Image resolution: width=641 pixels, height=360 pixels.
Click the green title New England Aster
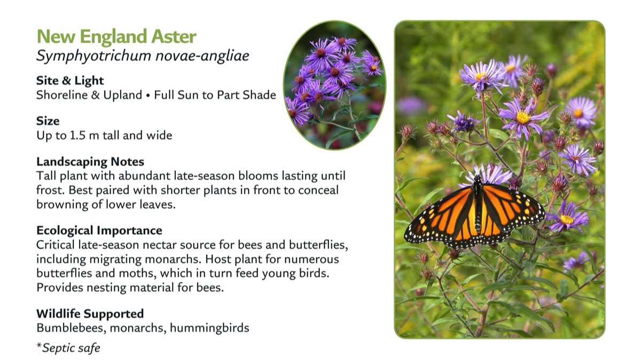[x=116, y=37]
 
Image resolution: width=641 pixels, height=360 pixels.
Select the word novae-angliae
[x=202, y=56]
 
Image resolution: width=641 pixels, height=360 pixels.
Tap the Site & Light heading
[x=70, y=81]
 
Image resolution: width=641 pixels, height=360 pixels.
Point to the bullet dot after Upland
[x=148, y=96]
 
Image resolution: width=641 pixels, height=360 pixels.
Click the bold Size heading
[x=48, y=121]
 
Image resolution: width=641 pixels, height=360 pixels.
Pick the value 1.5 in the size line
[x=77, y=135]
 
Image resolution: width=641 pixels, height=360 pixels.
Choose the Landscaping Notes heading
[x=90, y=162]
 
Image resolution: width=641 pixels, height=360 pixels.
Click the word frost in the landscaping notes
[x=50, y=190]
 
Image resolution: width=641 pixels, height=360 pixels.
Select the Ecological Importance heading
[x=99, y=230]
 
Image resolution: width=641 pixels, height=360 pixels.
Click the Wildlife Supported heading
[x=90, y=314]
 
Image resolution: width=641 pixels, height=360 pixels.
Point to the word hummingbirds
[x=209, y=328]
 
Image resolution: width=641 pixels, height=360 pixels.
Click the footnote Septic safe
[x=71, y=348]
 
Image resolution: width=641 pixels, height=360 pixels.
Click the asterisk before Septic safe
[x=39, y=346]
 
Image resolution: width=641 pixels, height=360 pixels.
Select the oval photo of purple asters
[x=334, y=85]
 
